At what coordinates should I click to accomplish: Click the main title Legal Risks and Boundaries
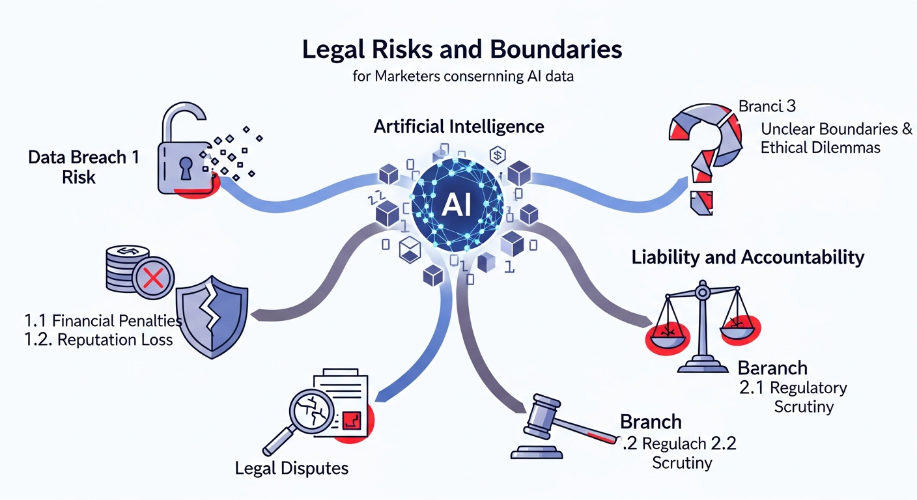(462, 50)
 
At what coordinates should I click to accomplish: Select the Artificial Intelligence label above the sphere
(458, 126)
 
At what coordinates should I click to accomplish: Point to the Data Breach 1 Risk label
(83, 167)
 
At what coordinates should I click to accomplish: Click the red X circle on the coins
(152, 280)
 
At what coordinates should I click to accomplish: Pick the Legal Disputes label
(291, 467)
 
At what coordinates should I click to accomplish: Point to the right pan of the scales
(740, 325)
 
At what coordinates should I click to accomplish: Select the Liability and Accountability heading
(748, 257)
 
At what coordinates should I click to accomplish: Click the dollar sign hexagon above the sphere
(497, 156)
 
